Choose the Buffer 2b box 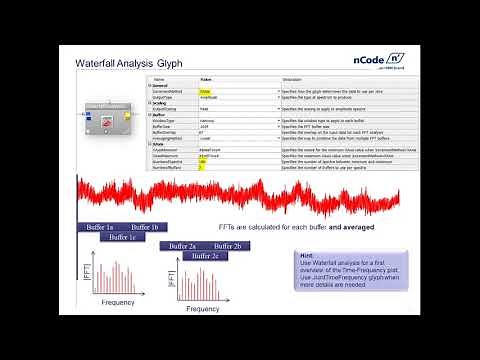pyautogui.click(x=229, y=245)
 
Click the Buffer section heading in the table pyautogui.click(x=159, y=115)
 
